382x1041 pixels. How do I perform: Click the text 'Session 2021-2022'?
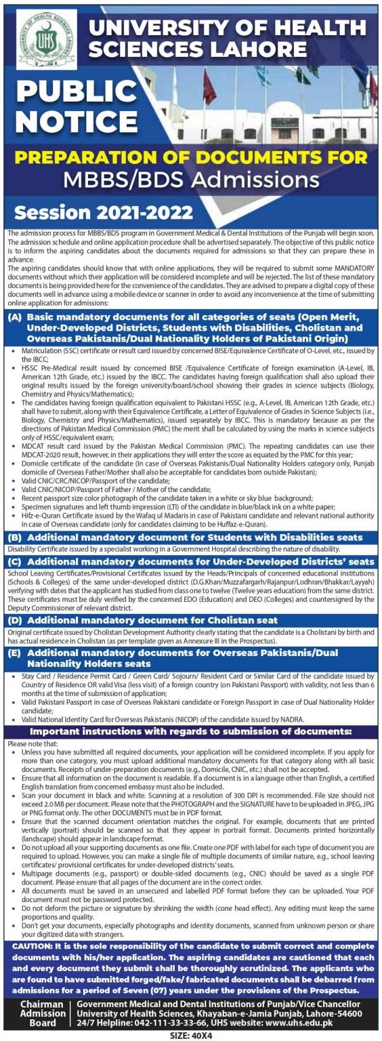click(104, 212)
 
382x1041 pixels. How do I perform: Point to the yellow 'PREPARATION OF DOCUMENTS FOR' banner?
click(190, 157)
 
